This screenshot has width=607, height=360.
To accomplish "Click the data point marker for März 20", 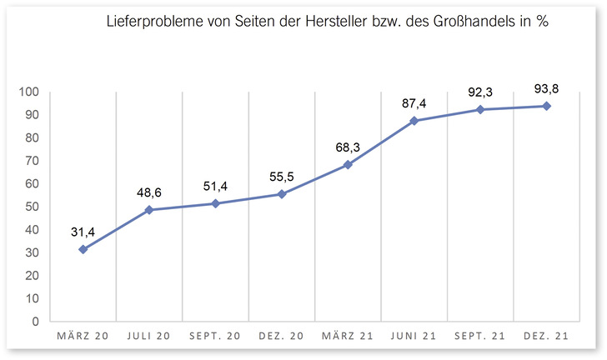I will click(83, 249).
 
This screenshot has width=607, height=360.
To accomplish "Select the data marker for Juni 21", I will click(414, 121).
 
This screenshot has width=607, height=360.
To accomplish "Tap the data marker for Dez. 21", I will click(546, 106).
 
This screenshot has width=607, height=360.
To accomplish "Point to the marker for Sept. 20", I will click(216, 203).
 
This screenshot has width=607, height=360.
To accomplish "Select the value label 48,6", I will click(150, 193).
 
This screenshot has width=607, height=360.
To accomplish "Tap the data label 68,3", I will click(349, 147).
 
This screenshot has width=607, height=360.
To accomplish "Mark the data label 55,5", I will click(282, 176).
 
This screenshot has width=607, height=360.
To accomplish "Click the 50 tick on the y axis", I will click(32, 207).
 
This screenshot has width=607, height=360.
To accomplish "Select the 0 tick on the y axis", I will click(35, 322).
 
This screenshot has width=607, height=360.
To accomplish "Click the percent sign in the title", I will click(541, 22).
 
